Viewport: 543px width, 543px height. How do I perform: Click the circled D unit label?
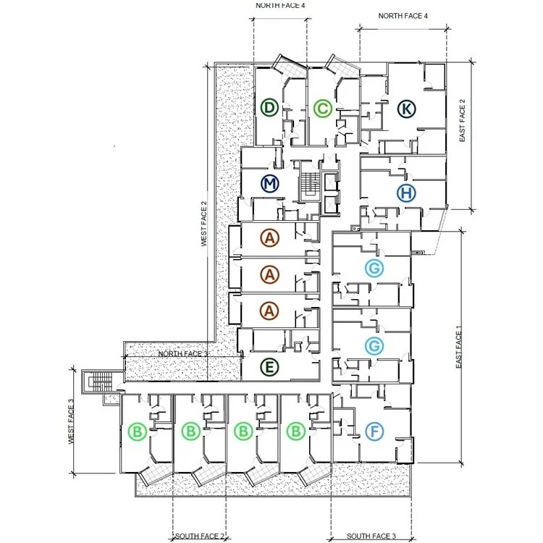pyautogui.click(x=269, y=109)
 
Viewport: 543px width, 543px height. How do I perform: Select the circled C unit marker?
pyautogui.click(x=323, y=109)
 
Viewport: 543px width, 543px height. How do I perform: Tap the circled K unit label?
pyautogui.click(x=407, y=109)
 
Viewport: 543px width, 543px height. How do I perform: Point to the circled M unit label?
pyautogui.click(x=270, y=184)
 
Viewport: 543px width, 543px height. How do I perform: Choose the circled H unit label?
pyautogui.click(x=406, y=193)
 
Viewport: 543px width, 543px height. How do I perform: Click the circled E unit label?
pyautogui.click(x=269, y=367)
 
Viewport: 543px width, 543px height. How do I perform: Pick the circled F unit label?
pyautogui.click(x=374, y=432)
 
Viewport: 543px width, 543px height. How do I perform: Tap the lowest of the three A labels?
pyautogui.click(x=270, y=310)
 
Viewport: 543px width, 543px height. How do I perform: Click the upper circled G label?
pyautogui.click(x=374, y=269)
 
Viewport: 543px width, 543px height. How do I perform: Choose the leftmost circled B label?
pyautogui.click(x=137, y=432)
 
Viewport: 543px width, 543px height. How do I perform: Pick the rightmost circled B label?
pyautogui.click(x=296, y=432)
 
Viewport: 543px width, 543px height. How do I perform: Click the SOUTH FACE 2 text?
pyautogui.click(x=200, y=536)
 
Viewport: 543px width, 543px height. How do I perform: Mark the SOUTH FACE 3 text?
pyautogui.click(x=371, y=536)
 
